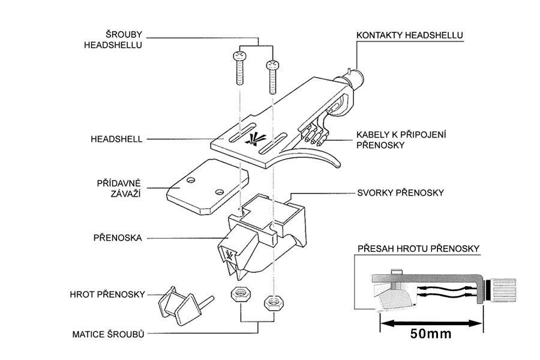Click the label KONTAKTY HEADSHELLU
409,35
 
